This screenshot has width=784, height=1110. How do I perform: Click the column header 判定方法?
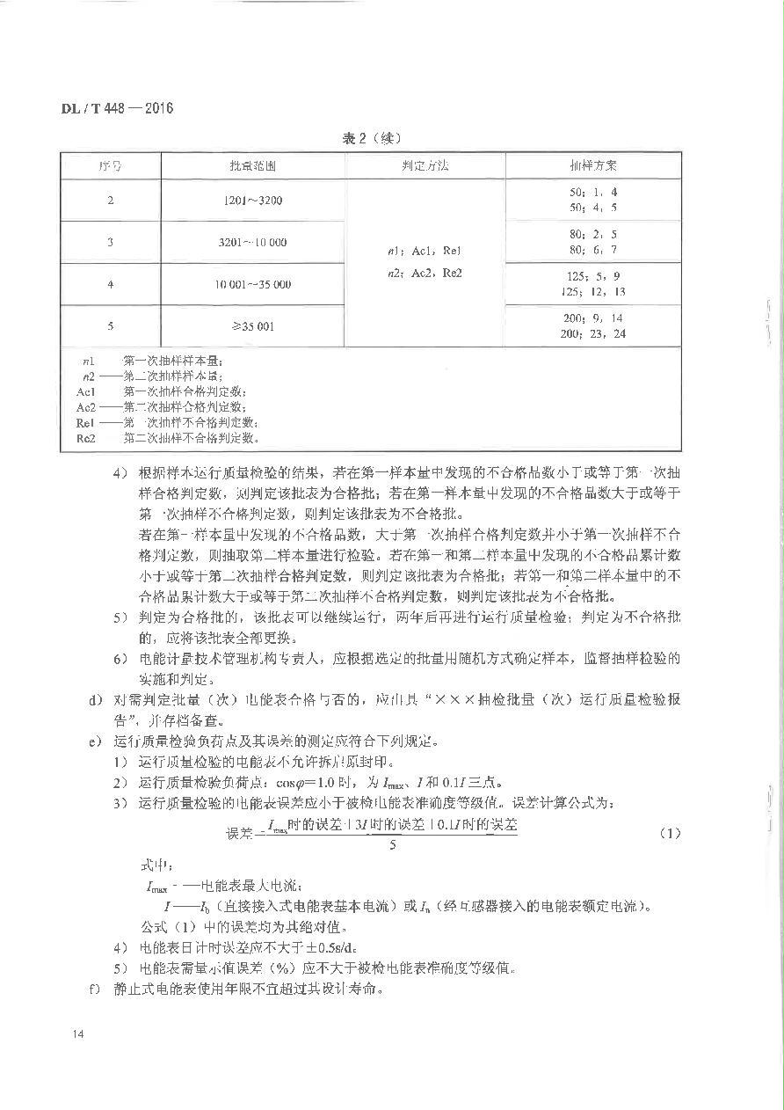[x=425, y=166]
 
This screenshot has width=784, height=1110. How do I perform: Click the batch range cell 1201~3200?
[x=253, y=201]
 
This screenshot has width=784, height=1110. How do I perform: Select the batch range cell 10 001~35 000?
[x=253, y=284]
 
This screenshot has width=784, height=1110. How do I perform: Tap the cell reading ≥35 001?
[x=253, y=326]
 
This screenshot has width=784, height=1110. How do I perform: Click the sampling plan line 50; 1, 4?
[x=593, y=192]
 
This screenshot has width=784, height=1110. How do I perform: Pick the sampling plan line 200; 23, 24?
[x=593, y=334]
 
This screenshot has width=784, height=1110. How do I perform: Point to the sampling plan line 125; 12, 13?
[x=593, y=292]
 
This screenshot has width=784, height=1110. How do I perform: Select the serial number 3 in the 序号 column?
[x=111, y=242]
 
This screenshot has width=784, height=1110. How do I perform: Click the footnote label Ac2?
[x=86, y=406]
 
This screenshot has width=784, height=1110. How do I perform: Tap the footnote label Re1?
[x=85, y=422]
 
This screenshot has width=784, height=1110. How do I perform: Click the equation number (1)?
[x=670, y=833]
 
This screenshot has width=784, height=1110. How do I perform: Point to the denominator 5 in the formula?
[x=393, y=846]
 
